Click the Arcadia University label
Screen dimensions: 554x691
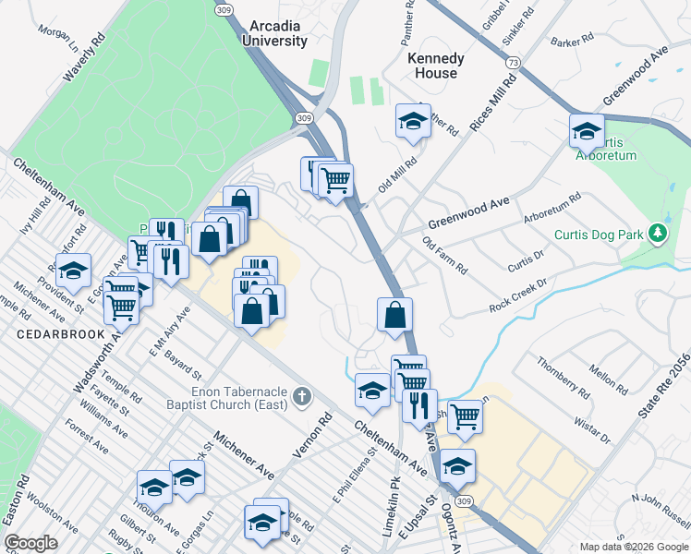pos(273,35)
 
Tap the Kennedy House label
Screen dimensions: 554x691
pos(435,66)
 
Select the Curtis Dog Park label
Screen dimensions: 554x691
pos(598,235)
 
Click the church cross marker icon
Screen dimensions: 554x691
pos(301,398)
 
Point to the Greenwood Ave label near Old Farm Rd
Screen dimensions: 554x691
pos(468,213)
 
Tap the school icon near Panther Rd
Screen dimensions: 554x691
pos(413,121)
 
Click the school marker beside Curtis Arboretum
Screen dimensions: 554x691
pos(587,132)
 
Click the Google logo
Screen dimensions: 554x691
pos(30,543)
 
